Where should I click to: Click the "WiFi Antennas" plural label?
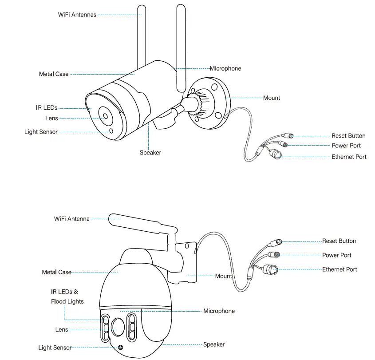pos(77,15)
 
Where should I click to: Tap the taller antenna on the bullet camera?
pos(181,44)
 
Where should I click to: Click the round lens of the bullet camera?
pos(105,116)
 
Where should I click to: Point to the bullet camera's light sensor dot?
pos(111,131)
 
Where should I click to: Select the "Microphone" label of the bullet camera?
pos(225,68)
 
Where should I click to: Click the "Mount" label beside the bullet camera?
pos(272,98)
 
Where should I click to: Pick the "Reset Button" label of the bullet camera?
pos(348,136)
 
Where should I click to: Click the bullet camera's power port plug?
pos(284,144)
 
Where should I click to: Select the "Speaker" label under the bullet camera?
pos(150,153)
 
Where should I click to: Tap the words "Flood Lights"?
pos(67,301)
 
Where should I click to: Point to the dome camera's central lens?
pos(118,328)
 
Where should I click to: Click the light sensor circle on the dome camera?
pos(120,347)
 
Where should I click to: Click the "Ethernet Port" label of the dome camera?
pos(339,269)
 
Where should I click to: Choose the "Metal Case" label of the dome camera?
pos(56,272)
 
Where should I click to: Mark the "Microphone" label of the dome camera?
pos(219,311)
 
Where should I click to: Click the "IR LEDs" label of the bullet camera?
pos(47,108)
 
